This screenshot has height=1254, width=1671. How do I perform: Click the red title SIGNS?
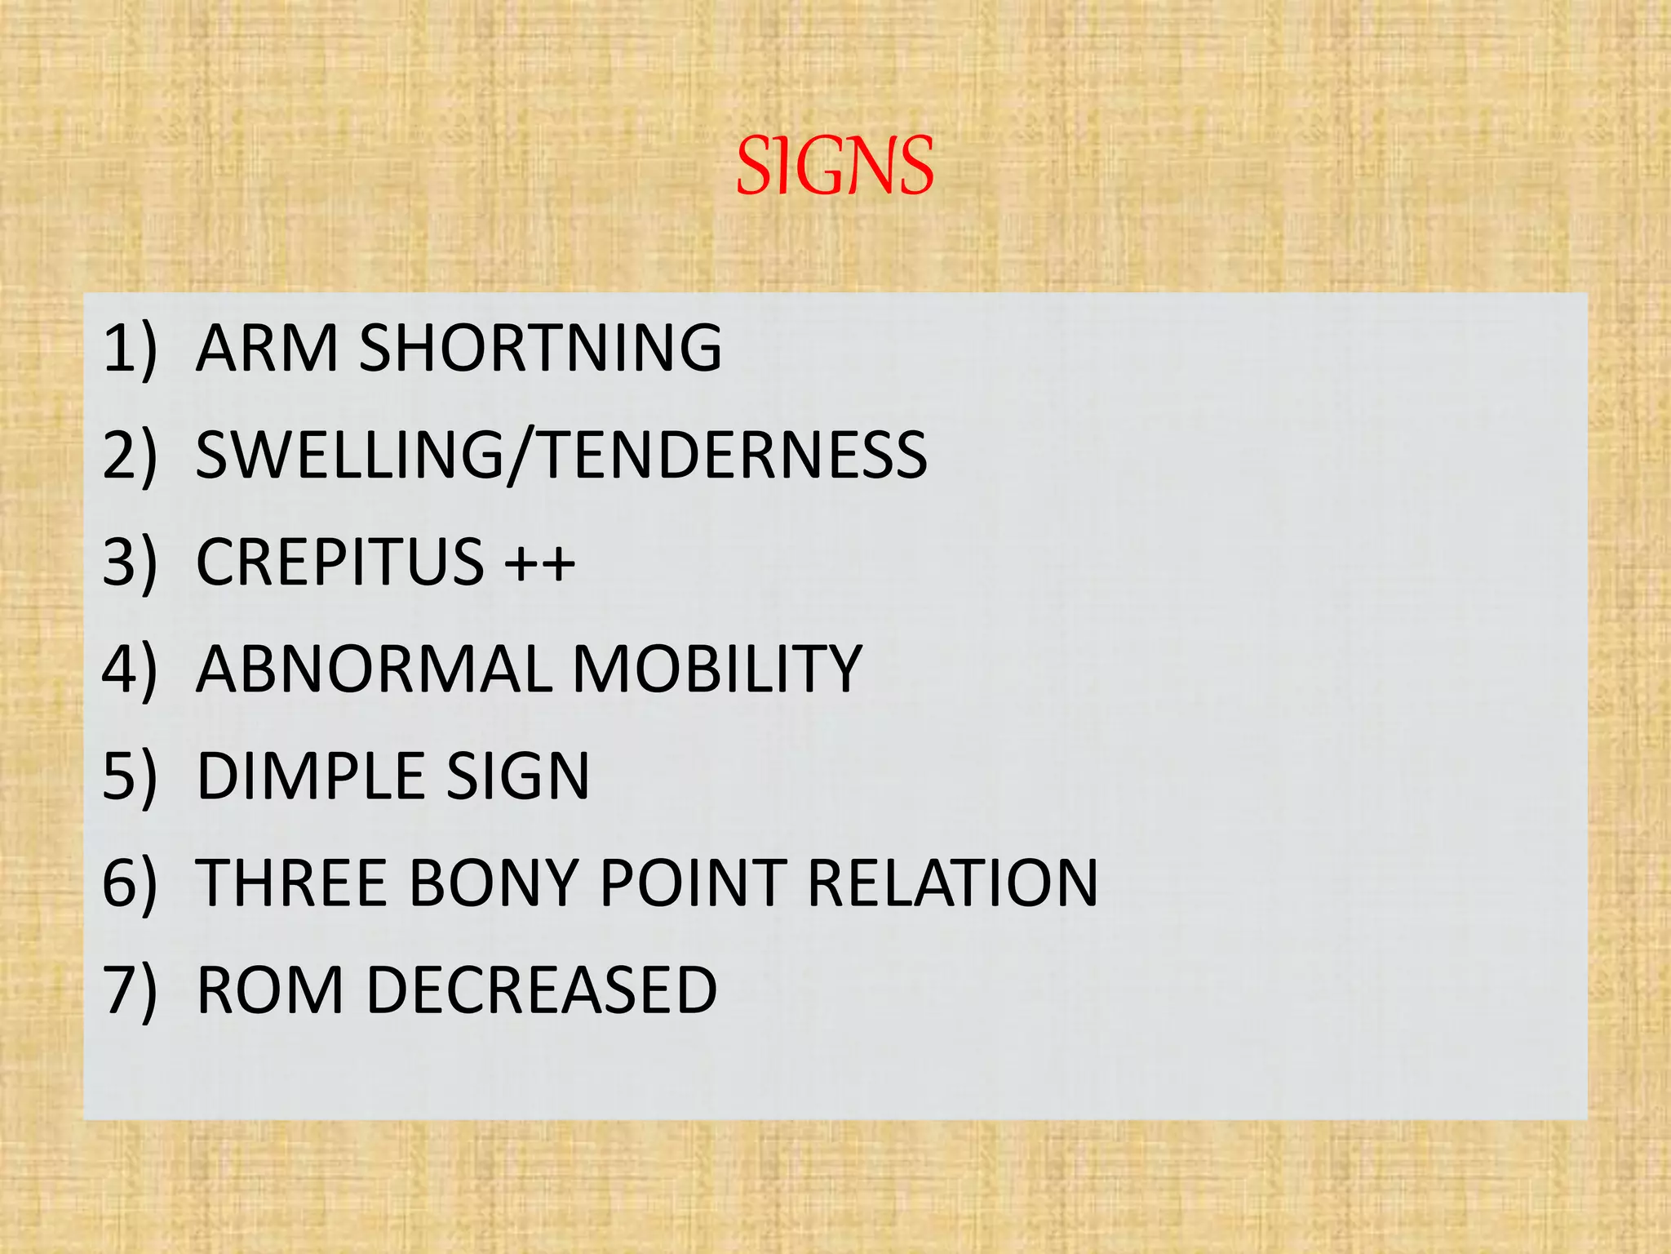click(835, 167)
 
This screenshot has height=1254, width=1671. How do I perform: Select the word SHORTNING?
click(540, 348)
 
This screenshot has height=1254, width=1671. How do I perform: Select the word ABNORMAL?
click(371, 669)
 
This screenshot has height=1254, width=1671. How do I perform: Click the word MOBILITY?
click(716, 669)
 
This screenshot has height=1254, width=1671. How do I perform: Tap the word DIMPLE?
click(309, 776)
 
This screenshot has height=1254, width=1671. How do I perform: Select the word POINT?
click(692, 883)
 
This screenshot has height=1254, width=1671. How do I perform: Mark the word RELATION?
click(952, 883)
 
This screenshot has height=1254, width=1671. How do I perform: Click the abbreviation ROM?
click(270, 989)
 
